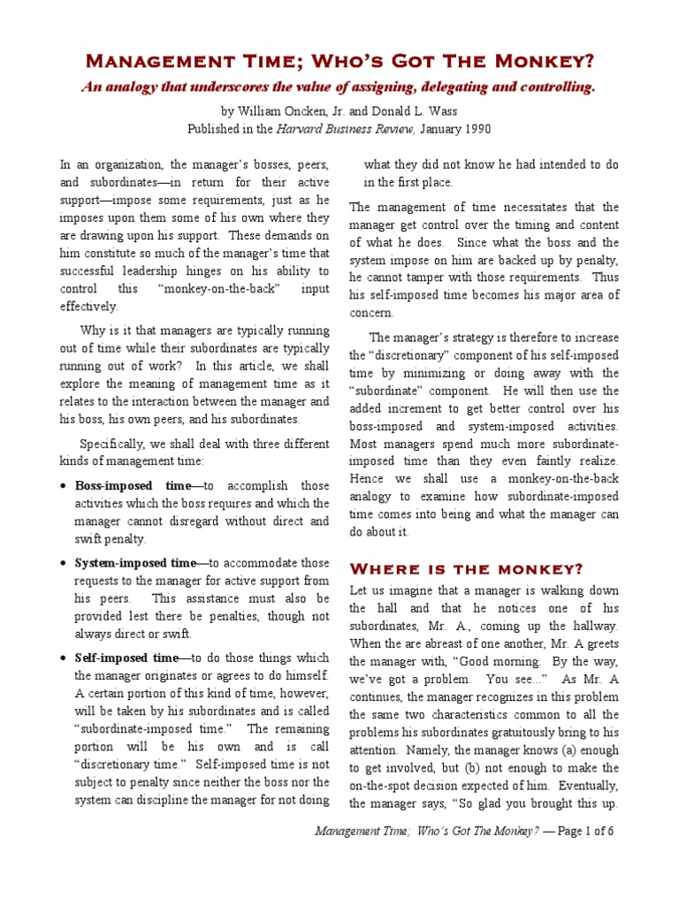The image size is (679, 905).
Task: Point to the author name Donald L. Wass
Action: click(417, 111)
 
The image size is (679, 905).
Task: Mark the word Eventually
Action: click(584, 785)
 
